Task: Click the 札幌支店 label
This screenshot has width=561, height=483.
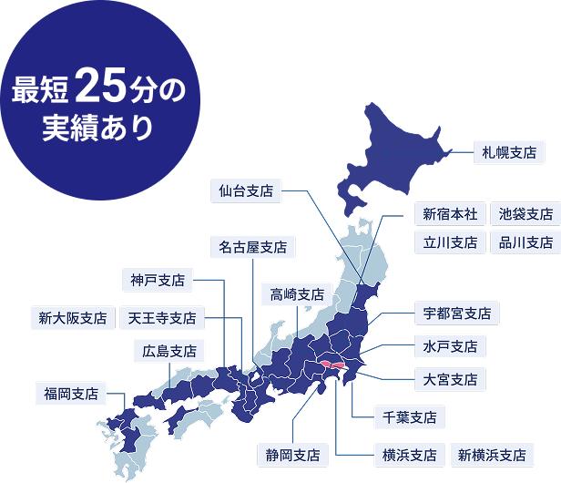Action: coord(509,151)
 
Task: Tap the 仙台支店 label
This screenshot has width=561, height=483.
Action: coord(246,191)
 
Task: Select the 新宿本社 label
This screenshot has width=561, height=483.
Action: coord(450,214)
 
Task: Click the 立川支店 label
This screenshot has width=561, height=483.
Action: coord(450,242)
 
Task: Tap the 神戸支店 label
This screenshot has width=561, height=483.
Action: coord(158,280)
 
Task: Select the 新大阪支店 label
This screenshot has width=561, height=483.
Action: coord(72,318)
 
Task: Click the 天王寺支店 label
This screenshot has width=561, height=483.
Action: coord(162,318)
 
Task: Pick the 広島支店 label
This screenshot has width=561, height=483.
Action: coord(169,351)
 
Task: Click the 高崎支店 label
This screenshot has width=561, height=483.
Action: coord(297,294)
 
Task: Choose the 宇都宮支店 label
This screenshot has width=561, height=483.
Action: coord(456,313)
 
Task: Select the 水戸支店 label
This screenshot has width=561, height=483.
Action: coord(450,346)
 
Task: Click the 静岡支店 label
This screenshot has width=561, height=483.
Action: coord(291,454)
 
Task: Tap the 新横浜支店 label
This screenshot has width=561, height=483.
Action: coord(492,454)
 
